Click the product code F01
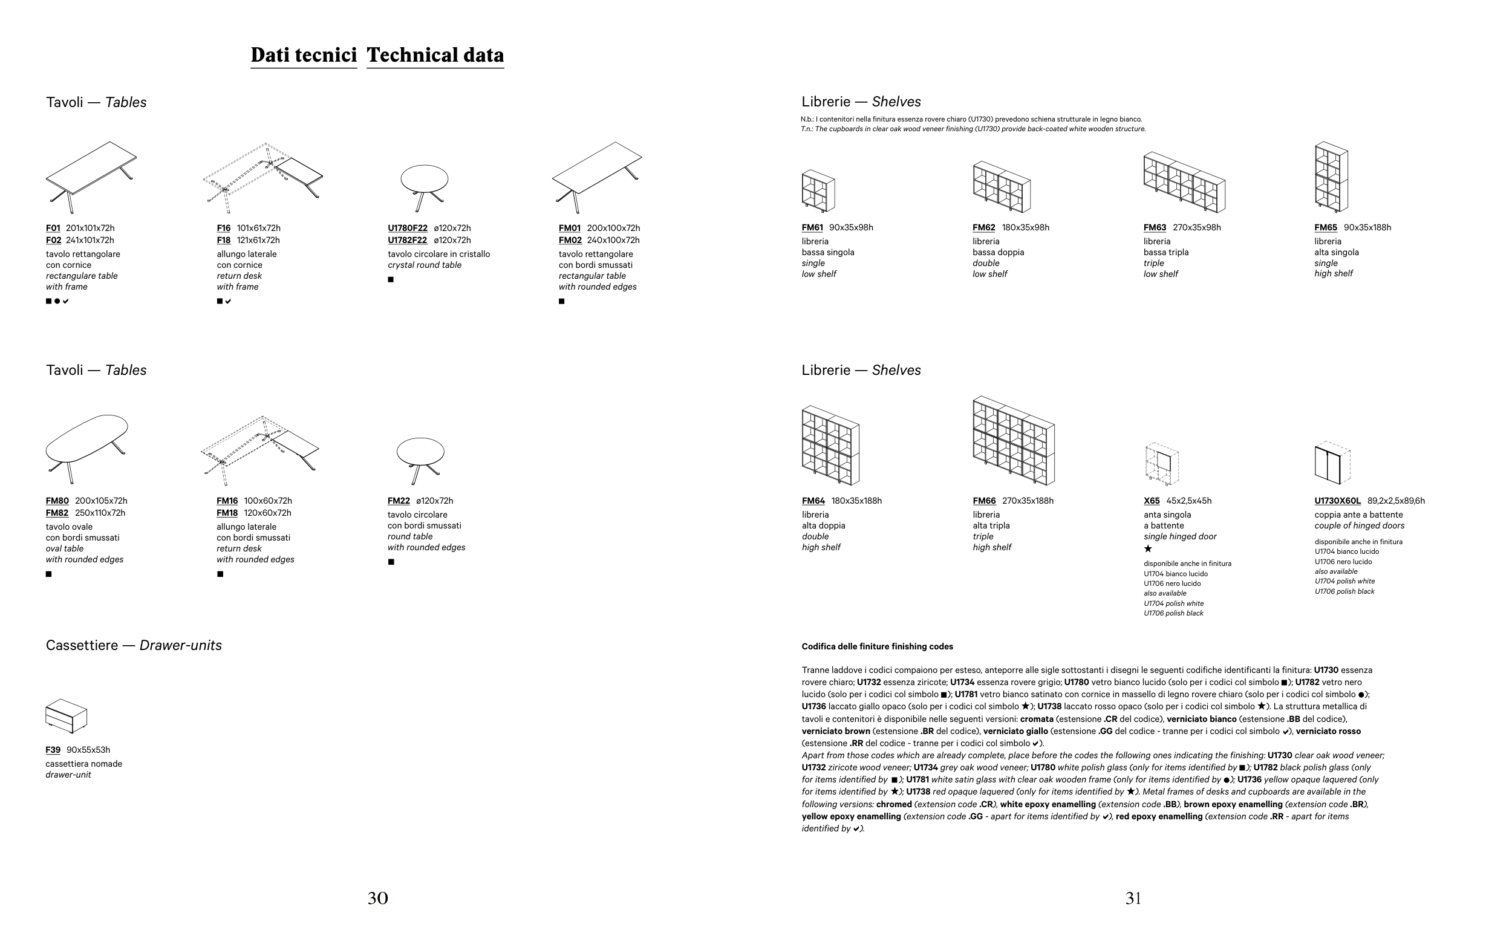[53, 229]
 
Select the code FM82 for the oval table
[57, 513]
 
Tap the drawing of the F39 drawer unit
[67, 717]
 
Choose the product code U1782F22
[408, 240]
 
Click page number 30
[377, 899]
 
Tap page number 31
[1133, 899]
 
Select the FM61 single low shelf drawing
[818, 190]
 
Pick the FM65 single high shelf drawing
[1331, 177]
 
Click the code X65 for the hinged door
[1152, 501]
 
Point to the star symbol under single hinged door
[1148, 548]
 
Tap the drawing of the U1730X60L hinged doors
[1332, 464]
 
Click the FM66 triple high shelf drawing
[1014, 441]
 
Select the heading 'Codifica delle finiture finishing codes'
[878, 647]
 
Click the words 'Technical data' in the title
[435, 55]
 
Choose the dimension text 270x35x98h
[1197, 228]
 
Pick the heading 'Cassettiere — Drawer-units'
[134, 646]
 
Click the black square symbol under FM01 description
[562, 302]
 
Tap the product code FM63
[1155, 228]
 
